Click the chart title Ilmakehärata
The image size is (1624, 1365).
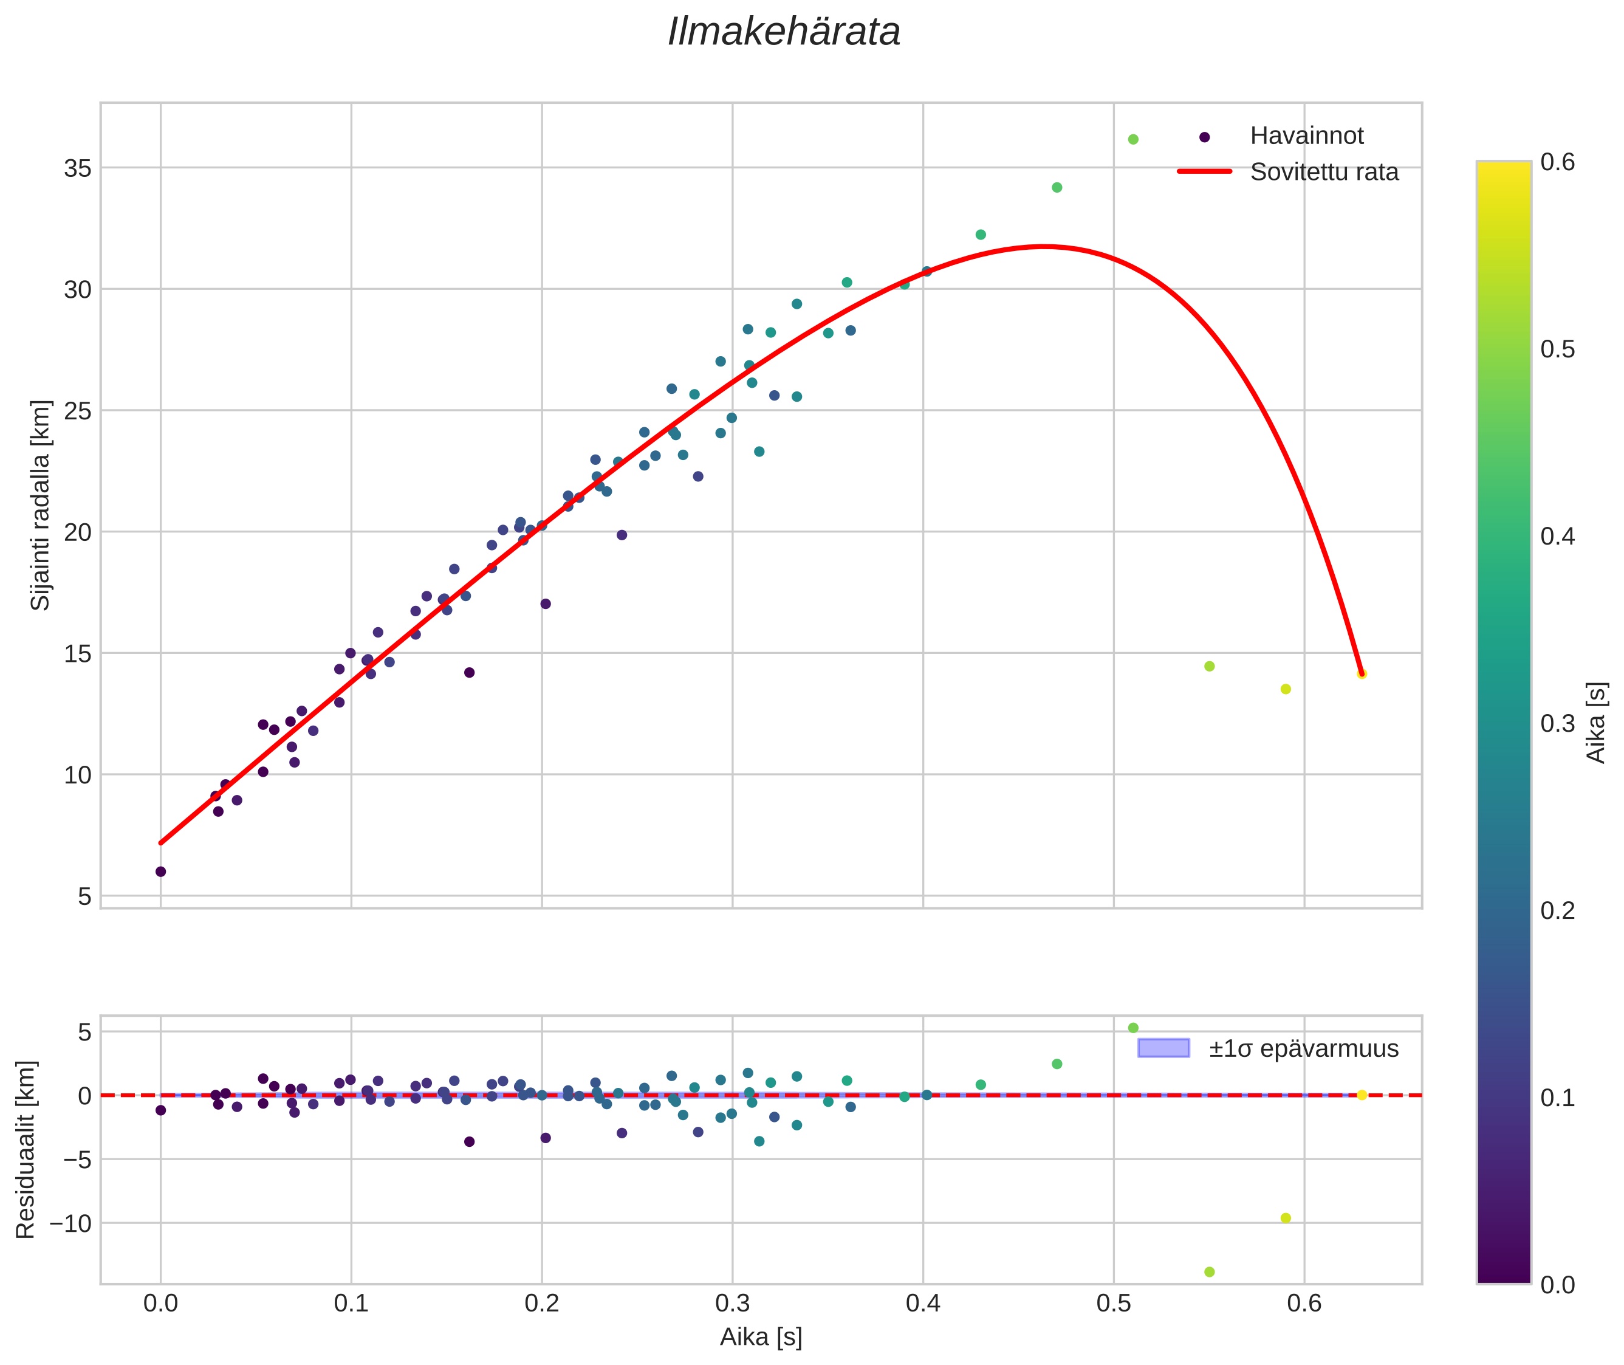click(x=783, y=32)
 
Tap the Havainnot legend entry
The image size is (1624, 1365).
click(x=1306, y=136)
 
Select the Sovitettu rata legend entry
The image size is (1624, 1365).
click(x=1324, y=172)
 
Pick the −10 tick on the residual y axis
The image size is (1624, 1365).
click(x=70, y=1223)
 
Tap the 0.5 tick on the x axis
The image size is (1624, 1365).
click(x=1114, y=1304)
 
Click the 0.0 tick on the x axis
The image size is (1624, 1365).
click(x=161, y=1304)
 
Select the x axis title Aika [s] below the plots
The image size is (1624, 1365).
click(x=761, y=1337)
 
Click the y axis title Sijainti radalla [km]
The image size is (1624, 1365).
click(x=40, y=505)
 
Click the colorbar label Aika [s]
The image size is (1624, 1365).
click(x=1595, y=723)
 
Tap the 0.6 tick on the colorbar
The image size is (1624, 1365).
click(x=1557, y=162)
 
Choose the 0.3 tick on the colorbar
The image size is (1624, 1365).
click(x=1557, y=723)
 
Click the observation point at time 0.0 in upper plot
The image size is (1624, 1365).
click(x=161, y=872)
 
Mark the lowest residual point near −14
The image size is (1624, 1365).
click(x=1209, y=1271)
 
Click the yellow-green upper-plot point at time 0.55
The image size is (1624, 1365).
click(x=1209, y=666)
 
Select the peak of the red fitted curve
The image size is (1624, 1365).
click(x=1043, y=247)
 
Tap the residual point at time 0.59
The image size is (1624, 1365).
click(x=1286, y=1218)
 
